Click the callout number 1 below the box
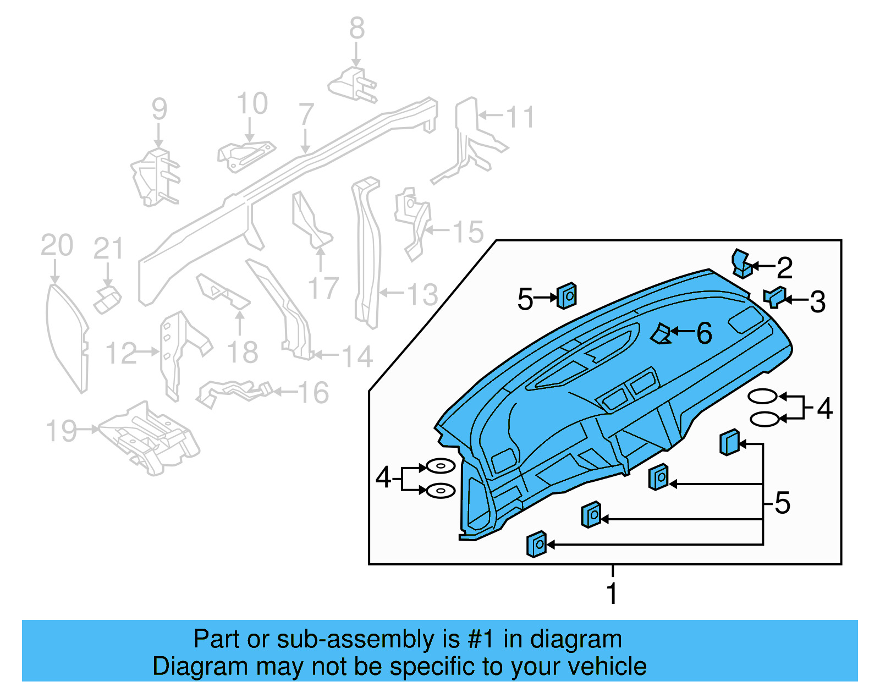[612, 593]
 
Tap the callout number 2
[784, 268]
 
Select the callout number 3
[817, 302]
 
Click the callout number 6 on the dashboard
[704, 333]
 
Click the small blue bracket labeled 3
[774, 297]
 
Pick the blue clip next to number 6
[661, 334]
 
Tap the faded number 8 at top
[357, 28]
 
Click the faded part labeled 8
[352, 86]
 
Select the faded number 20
[57, 245]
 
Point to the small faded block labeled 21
[107, 299]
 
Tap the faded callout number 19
[61, 431]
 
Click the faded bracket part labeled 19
[148, 437]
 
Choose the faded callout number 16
[313, 393]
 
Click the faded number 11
[520, 117]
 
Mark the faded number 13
[422, 294]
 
